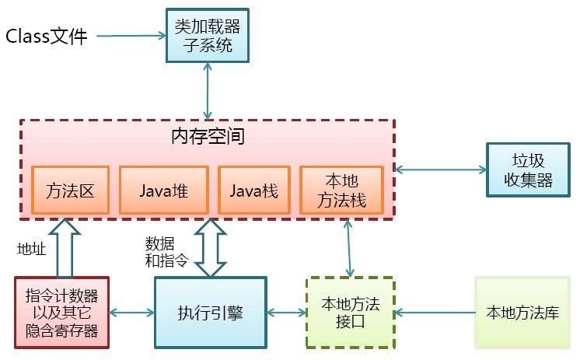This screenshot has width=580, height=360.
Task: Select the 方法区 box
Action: [x=70, y=189]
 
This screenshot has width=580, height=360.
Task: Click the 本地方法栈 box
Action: [x=343, y=189]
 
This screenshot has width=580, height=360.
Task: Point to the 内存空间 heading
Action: [x=208, y=138]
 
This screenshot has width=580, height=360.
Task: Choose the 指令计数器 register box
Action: [x=61, y=313]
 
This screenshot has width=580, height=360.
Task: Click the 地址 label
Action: [x=32, y=248]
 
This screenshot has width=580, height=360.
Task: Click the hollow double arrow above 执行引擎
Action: [x=210, y=247]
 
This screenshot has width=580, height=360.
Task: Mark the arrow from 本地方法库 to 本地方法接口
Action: [x=436, y=313]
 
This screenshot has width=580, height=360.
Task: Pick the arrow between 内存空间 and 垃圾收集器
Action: [x=441, y=169]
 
